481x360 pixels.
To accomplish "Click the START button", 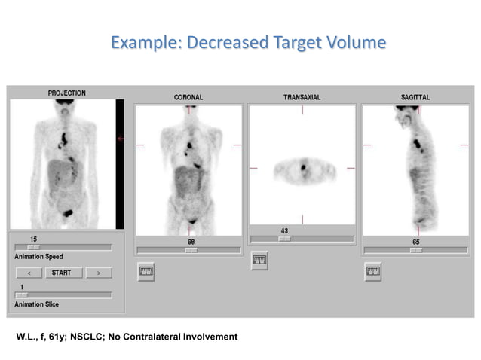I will pyautogui.click(x=61, y=273).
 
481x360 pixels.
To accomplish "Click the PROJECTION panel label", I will pyautogui.click(x=66, y=93).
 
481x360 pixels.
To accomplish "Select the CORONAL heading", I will pyautogui.click(x=188, y=97).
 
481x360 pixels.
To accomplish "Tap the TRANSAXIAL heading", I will pyautogui.click(x=302, y=97).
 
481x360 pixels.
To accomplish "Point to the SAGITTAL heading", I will pyautogui.click(x=415, y=97).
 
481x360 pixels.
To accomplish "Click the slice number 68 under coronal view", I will pyautogui.click(x=191, y=242).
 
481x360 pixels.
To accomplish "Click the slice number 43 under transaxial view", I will pyautogui.click(x=284, y=230).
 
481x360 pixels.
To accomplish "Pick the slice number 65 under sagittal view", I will pyautogui.click(x=416, y=242).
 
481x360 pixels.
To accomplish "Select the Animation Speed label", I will pyautogui.click(x=38, y=257).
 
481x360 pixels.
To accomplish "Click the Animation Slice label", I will pyautogui.click(x=36, y=304).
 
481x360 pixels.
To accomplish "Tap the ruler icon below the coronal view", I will pyautogui.click(x=146, y=272).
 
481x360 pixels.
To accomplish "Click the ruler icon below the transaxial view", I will pyautogui.click(x=259, y=261).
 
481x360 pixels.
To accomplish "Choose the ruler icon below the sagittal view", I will pyautogui.click(x=373, y=272).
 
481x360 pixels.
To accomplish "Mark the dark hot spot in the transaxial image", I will pyautogui.click(x=304, y=167).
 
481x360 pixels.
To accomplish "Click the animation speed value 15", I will pyautogui.click(x=32, y=239).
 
